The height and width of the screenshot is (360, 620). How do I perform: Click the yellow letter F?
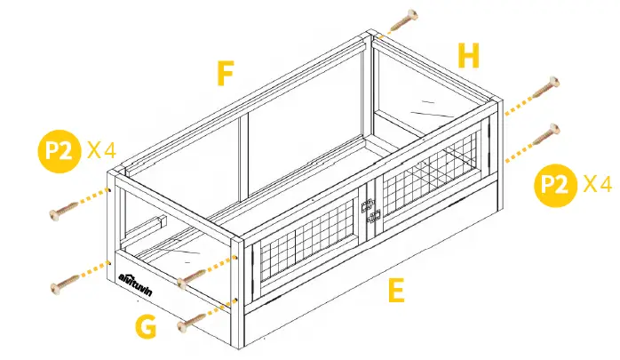click(x=226, y=74)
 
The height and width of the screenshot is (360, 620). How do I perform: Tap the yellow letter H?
click(x=469, y=56)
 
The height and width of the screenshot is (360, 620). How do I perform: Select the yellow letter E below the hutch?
click(x=396, y=292)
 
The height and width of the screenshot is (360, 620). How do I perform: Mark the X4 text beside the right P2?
click(x=598, y=185)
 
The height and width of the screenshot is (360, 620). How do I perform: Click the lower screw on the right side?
click(x=544, y=137)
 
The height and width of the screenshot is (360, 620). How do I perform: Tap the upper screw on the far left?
click(x=66, y=211)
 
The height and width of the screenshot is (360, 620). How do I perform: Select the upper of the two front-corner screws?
click(x=193, y=281)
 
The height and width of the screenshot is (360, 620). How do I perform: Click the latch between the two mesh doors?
click(x=371, y=210)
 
